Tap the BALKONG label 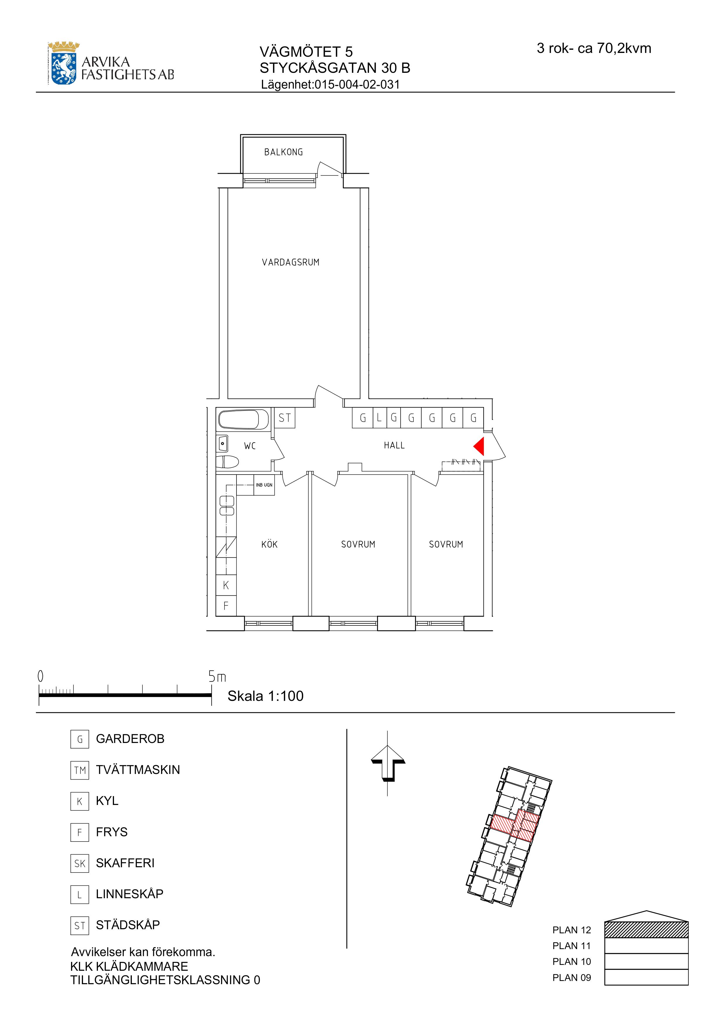284,152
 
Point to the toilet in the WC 227,462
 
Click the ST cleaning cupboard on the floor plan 284,418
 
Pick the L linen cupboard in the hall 379,418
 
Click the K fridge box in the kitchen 226,585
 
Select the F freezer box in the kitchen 226,606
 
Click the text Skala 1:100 265,696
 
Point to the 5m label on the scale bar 217,677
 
